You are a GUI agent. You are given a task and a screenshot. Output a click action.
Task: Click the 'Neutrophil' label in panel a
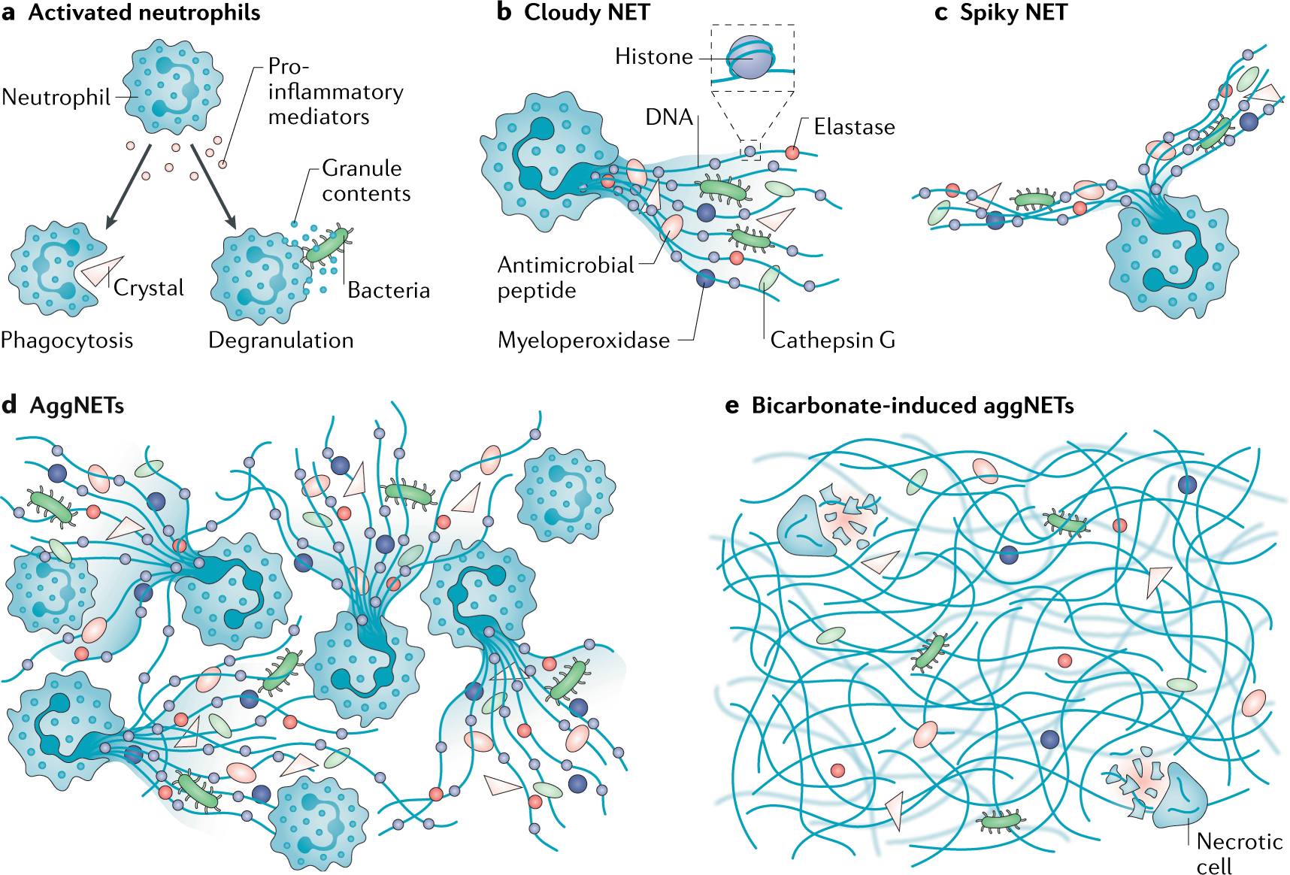(56, 98)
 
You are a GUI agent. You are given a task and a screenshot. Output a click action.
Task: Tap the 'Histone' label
(654, 57)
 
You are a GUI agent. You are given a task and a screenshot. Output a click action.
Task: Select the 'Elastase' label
(855, 127)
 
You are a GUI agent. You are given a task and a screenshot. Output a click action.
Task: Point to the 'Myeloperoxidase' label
(584, 341)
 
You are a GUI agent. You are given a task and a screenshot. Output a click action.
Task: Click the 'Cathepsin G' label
(833, 341)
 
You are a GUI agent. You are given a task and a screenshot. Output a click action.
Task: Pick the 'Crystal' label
(149, 289)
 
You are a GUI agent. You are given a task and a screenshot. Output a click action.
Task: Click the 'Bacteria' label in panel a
(389, 290)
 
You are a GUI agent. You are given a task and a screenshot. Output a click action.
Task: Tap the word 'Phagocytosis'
(67, 341)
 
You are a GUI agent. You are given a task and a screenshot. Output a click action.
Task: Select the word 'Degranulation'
(281, 341)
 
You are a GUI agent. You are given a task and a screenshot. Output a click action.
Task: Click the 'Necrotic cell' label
(1239, 853)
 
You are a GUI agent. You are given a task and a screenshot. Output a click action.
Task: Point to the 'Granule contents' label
(366, 181)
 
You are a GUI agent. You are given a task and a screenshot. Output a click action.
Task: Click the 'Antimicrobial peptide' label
(566, 277)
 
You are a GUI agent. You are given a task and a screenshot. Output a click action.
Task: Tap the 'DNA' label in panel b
(669, 117)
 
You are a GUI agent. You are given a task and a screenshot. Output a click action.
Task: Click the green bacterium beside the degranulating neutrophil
(328, 244)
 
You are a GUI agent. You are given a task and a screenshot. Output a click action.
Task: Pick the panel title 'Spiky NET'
(1013, 13)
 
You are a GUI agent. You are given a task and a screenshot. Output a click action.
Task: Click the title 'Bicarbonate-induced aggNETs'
(913, 406)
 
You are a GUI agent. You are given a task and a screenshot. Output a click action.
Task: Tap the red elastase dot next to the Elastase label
(792, 153)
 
